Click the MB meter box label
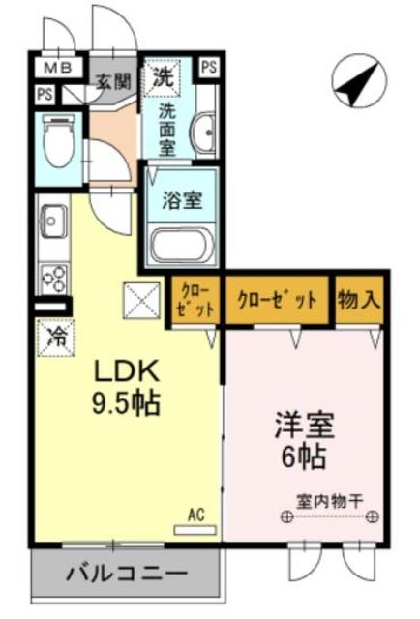point(58,68)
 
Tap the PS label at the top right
point(209,68)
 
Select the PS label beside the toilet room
point(45,95)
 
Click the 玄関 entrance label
point(114,82)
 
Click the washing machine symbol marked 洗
point(162,77)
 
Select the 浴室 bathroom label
point(182,200)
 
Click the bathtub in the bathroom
point(182,245)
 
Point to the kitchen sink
point(53,221)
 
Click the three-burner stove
point(54,279)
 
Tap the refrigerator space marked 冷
point(56,338)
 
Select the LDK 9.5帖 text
point(126,387)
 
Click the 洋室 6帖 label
point(305,440)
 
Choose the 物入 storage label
point(359,300)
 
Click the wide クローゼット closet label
point(278,300)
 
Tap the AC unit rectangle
point(195,530)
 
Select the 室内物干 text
point(329,502)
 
